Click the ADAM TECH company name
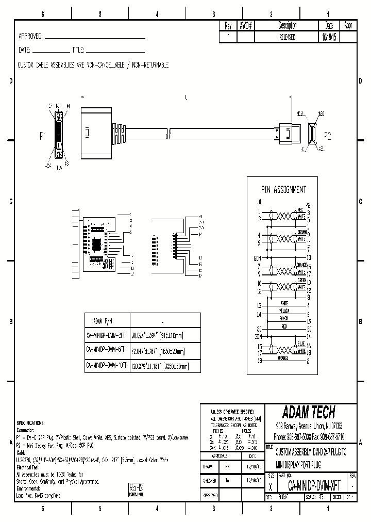308,412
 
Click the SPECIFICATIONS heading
30,422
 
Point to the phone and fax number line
308,436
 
